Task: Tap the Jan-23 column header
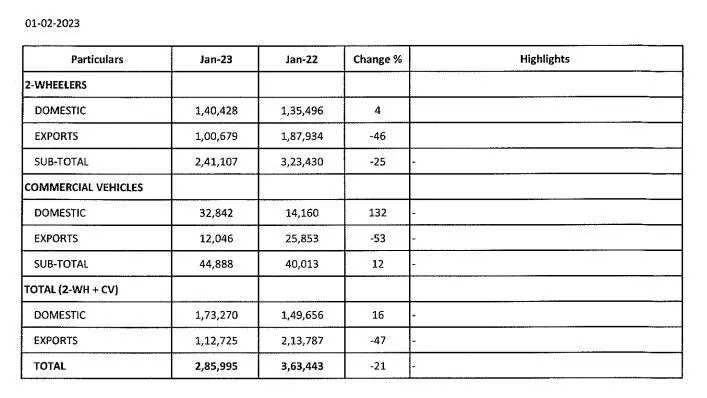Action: (215, 59)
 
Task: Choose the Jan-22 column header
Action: (301, 59)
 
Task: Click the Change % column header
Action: (377, 59)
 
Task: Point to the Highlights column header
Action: (544, 59)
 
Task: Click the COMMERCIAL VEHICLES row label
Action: (83, 187)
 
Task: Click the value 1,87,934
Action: (301, 136)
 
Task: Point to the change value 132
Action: (377, 213)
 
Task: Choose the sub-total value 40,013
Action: (301, 264)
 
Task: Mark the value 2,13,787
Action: (301, 340)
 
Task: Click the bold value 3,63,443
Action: (301, 366)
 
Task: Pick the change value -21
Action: (377, 366)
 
